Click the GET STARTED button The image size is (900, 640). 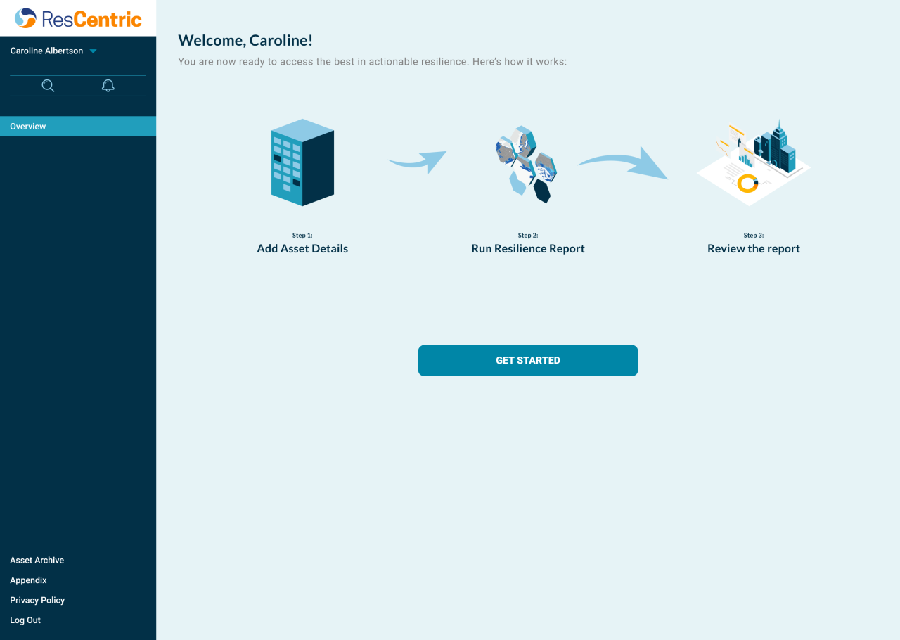point(527,360)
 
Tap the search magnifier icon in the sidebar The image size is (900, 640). point(48,86)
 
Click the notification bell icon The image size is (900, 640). point(108,86)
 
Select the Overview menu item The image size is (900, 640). point(28,127)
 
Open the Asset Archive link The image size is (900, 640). point(37,561)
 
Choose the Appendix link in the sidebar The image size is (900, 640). point(28,580)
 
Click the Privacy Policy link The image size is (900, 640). point(37,600)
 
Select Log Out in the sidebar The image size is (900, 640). point(25,620)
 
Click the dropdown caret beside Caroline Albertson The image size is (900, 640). point(93,51)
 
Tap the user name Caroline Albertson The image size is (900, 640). point(46,51)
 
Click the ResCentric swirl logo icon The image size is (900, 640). point(25,18)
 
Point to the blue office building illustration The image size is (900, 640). point(302,162)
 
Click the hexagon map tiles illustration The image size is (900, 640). point(526,165)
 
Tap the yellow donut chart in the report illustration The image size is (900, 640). point(747,184)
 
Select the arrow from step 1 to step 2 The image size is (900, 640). point(418,161)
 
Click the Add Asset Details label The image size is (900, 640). point(302,248)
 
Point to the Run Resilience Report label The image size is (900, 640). point(527,248)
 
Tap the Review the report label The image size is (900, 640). point(753,248)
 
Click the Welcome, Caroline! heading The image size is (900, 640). point(245,41)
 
